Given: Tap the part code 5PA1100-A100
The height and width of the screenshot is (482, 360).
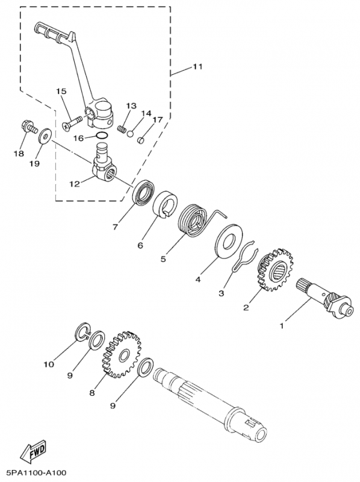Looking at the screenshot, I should pos(34,473).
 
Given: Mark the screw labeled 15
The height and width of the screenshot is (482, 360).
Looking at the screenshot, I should pos(72,123).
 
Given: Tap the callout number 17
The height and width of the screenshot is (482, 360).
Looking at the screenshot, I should pos(158,119).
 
